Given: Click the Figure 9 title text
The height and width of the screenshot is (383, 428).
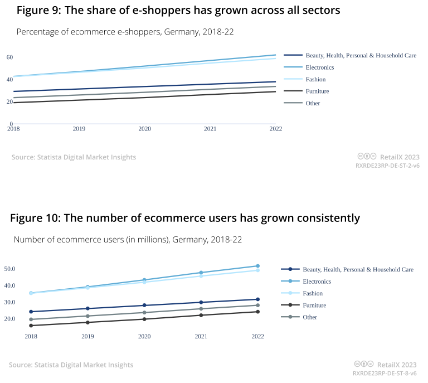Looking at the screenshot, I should pyautogui.click(x=178, y=10).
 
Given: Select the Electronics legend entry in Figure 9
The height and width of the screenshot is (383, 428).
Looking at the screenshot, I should pyautogui.click(x=320, y=67).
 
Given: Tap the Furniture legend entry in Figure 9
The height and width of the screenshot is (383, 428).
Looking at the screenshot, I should pyautogui.click(x=317, y=91).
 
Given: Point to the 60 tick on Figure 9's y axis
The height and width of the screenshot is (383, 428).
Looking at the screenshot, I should pyautogui.click(x=9, y=57).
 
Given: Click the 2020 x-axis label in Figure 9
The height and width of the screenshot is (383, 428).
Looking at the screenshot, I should pyautogui.click(x=144, y=129).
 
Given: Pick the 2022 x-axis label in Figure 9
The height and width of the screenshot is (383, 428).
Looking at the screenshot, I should pyautogui.click(x=275, y=129).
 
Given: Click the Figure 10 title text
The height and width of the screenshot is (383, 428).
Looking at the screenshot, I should pyautogui.click(x=185, y=218).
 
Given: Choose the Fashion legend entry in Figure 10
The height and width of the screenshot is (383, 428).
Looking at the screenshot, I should pyautogui.click(x=313, y=293).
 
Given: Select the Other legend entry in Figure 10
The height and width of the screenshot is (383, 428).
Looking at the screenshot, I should pyautogui.click(x=310, y=317).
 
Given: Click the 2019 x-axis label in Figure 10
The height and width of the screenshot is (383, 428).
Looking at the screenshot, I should pyautogui.click(x=87, y=337).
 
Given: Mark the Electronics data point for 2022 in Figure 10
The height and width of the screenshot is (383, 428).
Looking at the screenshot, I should pyautogui.click(x=258, y=266).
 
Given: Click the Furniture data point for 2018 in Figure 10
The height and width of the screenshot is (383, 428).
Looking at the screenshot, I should pyautogui.click(x=31, y=326).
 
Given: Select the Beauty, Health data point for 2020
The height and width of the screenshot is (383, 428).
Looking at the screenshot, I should pyautogui.click(x=144, y=306).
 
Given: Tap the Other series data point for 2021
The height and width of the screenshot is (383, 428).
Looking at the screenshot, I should pyautogui.click(x=201, y=309).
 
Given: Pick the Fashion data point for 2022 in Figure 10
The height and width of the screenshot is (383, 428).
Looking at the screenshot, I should pyautogui.click(x=258, y=270).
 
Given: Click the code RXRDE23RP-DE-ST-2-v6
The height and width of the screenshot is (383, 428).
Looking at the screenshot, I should pyautogui.click(x=387, y=166).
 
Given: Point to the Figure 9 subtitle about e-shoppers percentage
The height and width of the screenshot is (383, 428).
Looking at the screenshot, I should pyautogui.click(x=125, y=32).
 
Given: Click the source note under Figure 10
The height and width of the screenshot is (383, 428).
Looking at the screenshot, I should pyautogui.click(x=71, y=365).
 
